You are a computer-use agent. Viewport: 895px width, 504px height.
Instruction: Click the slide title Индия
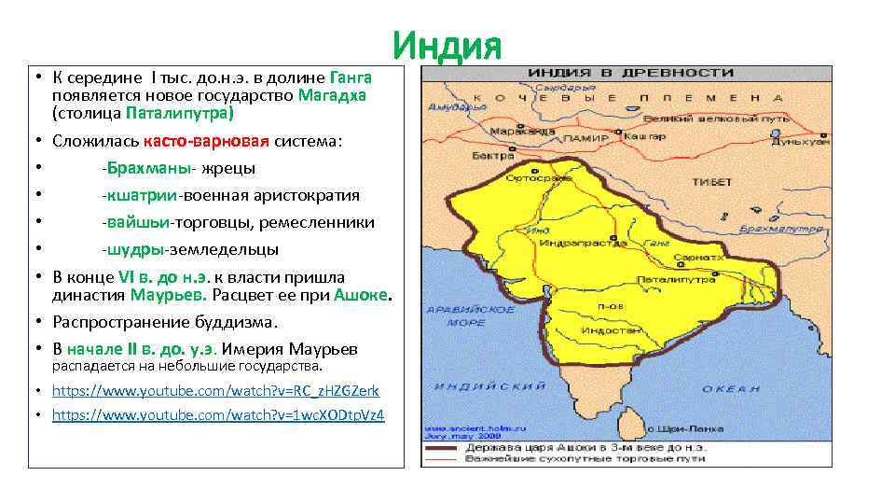tap(447, 45)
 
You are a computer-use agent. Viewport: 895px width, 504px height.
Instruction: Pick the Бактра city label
tap(489, 154)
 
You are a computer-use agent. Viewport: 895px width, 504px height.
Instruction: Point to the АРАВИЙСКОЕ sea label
tap(456, 309)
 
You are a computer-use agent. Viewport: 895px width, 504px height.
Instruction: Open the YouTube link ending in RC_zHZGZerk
tap(215, 391)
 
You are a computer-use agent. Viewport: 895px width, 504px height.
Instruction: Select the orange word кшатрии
tap(141, 195)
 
